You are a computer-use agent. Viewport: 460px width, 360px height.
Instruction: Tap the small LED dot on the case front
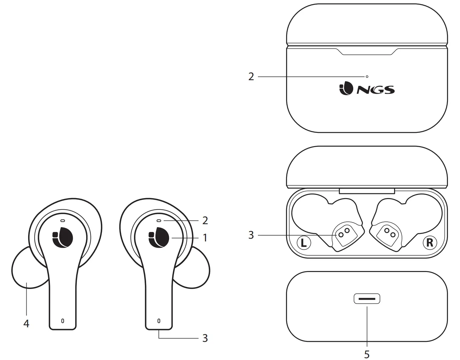[367, 77]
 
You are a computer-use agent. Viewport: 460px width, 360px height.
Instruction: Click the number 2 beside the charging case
[251, 77]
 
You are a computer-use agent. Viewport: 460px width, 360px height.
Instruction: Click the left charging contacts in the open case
[344, 232]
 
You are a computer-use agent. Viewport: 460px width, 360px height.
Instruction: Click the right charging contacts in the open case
[390, 232]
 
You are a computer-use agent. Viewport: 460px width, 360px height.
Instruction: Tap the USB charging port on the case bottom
[367, 299]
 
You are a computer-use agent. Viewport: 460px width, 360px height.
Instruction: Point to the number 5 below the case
[367, 354]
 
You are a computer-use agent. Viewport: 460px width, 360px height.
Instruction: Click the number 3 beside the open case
[251, 235]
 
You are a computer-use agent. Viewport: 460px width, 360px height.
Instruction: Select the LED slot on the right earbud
[159, 221]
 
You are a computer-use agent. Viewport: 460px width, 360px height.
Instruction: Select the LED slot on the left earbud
[63, 221]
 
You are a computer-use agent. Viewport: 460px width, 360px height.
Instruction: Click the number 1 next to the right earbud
[205, 238]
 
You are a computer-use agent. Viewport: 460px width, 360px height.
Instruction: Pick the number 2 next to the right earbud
[205, 221]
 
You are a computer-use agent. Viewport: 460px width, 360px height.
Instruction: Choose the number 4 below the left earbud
[26, 324]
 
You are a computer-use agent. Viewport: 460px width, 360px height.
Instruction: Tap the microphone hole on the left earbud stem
[63, 321]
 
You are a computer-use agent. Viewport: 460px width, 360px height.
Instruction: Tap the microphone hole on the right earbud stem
[159, 321]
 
